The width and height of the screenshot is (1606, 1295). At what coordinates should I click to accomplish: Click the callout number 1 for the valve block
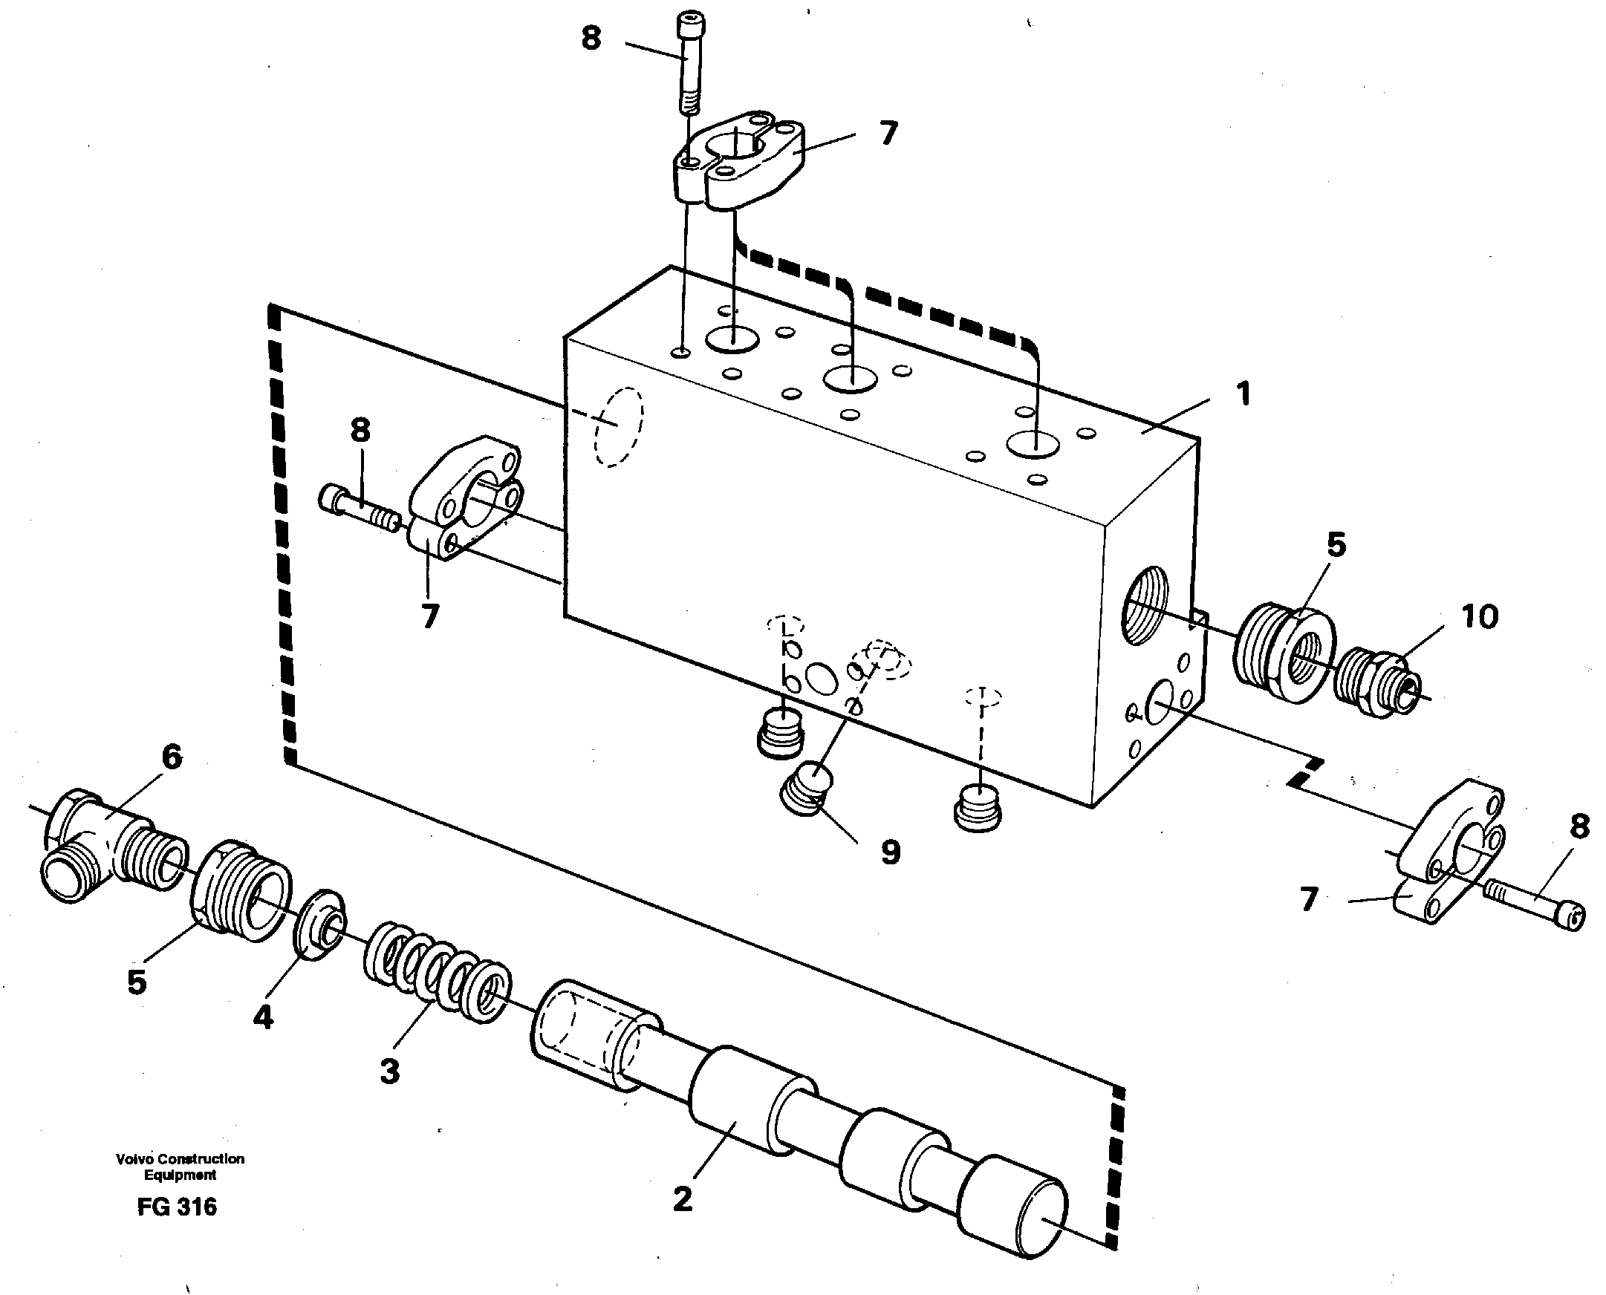point(1243,394)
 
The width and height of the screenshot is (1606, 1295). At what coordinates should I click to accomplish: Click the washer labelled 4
point(321,924)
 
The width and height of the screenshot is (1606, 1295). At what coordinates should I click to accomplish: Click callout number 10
point(1480,617)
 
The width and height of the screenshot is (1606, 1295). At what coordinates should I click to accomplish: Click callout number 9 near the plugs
point(891,852)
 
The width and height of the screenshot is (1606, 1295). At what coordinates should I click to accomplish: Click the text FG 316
point(177,1207)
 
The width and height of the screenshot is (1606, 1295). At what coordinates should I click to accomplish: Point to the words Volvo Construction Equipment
point(180,1167)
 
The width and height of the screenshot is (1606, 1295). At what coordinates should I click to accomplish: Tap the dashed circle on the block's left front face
point(618,428)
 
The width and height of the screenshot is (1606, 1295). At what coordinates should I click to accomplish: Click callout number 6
point(172,758)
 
